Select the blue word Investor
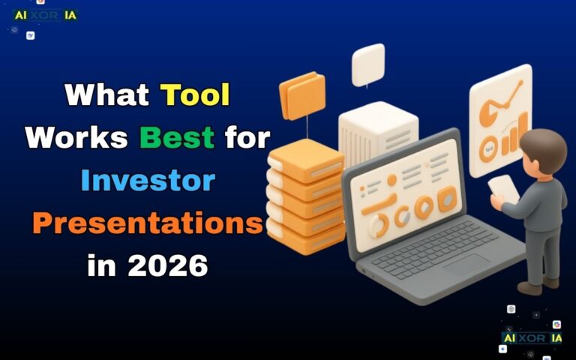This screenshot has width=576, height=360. pos(148,181)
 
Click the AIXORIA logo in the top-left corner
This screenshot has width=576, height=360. pos(45,15)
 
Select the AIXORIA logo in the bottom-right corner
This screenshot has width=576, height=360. pos(532,338)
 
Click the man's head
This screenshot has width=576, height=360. pos(538,148)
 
